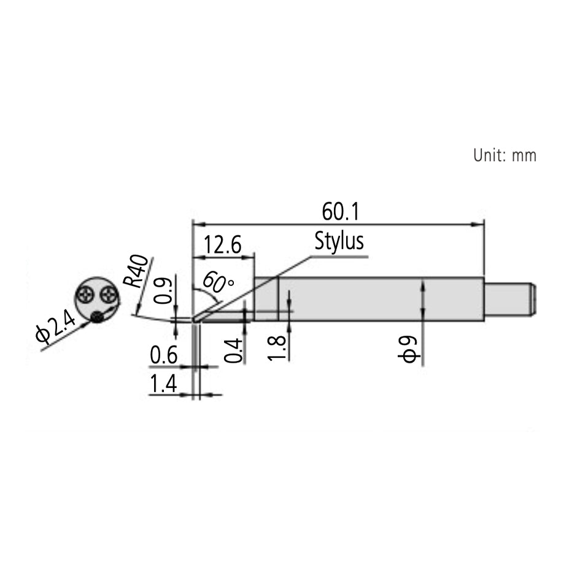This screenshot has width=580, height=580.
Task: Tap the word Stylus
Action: [x=339, y=241]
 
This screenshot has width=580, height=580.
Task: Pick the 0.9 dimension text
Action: [x=161, y=292]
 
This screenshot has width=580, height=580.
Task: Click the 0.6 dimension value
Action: [x=163, y=355]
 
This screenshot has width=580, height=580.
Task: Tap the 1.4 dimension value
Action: [x=163, y=385]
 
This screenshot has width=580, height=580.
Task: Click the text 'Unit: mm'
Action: [x=505, y=155]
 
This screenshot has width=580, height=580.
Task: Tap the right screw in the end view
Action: [x=109, y=294]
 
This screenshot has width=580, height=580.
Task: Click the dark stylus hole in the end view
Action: [x=97, y=316]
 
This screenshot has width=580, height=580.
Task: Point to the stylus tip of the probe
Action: [x=194, y=320]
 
